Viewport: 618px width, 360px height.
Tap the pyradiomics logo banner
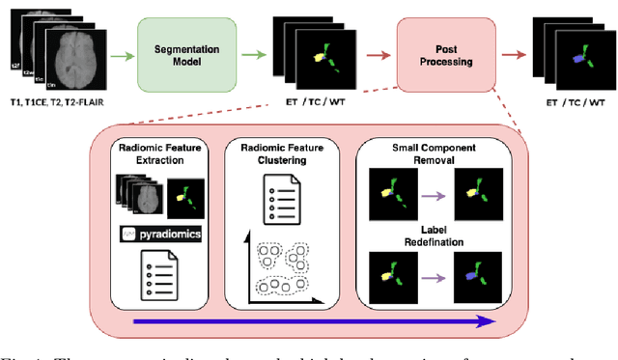[x=157, y=234]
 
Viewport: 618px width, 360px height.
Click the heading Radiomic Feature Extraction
[x=157, y=155]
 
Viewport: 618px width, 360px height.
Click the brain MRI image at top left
[x=62, y=48]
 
